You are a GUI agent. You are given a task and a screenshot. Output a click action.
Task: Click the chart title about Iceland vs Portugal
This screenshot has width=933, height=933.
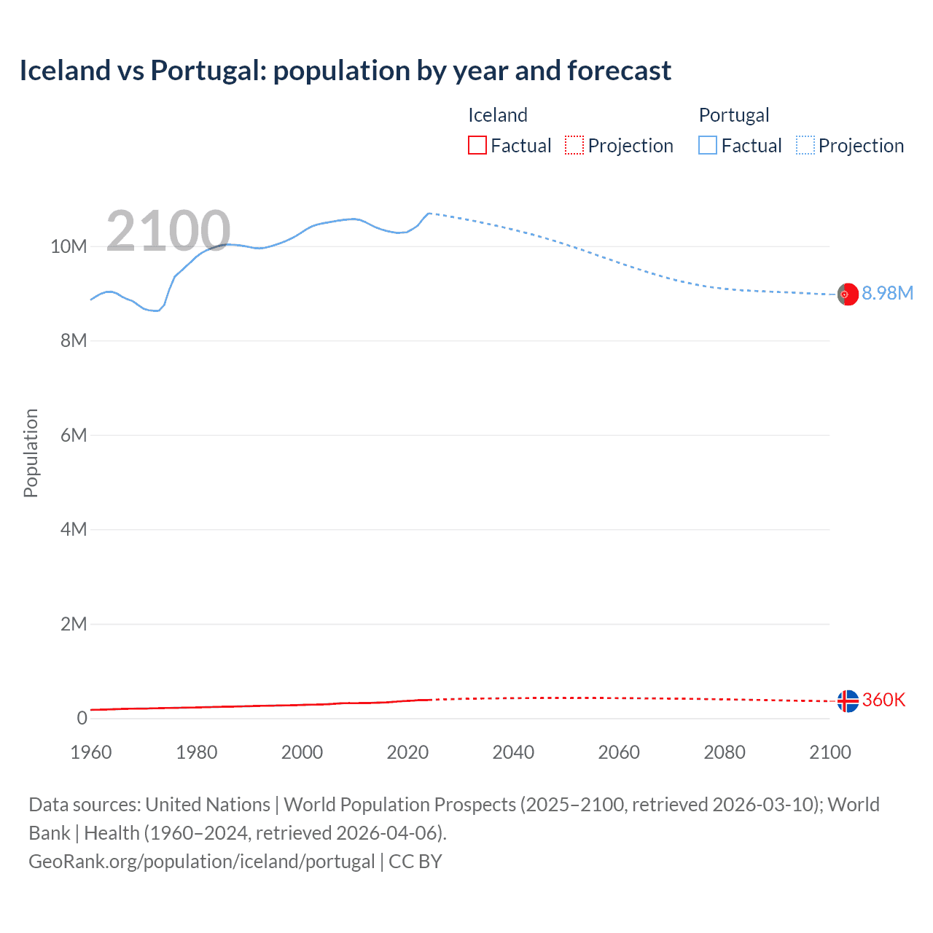[x=345, y=71]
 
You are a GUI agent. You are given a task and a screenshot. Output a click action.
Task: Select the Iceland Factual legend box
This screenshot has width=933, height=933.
[x=477, y=145]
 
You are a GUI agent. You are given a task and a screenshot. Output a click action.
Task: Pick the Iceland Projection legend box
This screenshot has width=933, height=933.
[x=574, y=145]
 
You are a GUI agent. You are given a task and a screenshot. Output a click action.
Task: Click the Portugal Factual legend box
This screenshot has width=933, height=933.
[x=708, y=145]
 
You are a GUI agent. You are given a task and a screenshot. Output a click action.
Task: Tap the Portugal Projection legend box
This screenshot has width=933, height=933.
[x=805, y=145]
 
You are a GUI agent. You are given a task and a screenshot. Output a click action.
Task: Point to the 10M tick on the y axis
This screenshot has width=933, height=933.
[x=69, y=246]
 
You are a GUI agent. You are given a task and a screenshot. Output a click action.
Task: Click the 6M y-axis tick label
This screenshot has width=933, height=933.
[x=74, y=435]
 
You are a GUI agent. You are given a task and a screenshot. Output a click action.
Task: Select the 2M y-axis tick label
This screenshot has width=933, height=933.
[x=74, y=624]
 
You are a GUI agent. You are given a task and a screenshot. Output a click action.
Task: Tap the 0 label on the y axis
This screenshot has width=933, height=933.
[x=82, y=718]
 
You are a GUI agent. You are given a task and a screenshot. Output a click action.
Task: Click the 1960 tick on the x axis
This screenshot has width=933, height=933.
[x=91, y=752]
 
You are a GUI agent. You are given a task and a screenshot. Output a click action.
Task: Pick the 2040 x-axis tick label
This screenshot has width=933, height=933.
[x=513, y=752]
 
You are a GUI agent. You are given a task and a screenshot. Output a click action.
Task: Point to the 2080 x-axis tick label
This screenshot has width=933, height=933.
[x=725, y=752]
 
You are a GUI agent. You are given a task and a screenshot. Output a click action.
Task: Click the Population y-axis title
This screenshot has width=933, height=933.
[x=31, y=453]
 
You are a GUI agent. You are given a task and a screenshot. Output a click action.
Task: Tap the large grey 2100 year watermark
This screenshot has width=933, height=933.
[x=168, y=231]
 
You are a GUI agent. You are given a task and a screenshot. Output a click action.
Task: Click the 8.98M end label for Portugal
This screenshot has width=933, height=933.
[x=887, y=293]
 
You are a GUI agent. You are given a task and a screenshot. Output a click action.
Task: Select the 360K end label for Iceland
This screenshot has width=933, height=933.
[x=883, y=700]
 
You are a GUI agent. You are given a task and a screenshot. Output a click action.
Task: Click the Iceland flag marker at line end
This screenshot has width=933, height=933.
[x=848, y=701]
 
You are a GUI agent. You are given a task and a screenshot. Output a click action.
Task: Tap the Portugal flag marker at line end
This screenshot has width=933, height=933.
[x=848, y=294]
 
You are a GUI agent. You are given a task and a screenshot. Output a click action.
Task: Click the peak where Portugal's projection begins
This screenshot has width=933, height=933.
[x=429, y=213]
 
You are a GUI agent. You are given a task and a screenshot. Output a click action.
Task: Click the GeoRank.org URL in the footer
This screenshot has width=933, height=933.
[x=201, y=862]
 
